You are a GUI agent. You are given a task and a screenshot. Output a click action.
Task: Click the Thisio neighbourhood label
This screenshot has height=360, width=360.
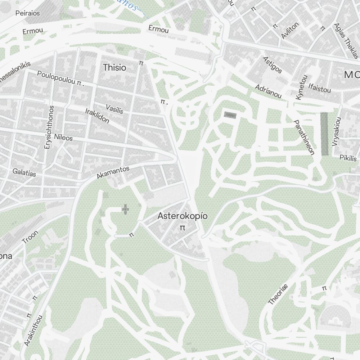point(114,67)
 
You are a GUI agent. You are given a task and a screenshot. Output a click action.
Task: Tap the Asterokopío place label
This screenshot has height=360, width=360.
point(183,216)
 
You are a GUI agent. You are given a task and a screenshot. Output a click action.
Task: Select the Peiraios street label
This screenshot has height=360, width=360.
point(28,13)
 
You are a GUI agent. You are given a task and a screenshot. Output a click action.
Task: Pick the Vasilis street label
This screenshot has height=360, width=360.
point(114,109)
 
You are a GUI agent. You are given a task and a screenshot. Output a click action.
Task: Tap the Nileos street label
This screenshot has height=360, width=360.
point(63,138)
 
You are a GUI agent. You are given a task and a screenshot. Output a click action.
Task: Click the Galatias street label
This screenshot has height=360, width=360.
point(24,172)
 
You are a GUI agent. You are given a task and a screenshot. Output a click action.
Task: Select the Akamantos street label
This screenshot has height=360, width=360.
point(113,173)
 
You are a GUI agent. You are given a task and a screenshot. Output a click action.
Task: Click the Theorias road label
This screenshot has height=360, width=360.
point(278,294)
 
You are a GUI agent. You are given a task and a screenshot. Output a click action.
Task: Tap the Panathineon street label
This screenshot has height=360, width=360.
point(304,138)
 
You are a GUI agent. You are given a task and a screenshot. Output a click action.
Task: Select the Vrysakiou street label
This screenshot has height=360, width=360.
point(336,131)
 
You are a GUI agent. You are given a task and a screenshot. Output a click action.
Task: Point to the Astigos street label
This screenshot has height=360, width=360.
point(273,64)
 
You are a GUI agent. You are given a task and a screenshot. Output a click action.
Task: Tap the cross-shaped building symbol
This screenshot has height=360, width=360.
point(125,209)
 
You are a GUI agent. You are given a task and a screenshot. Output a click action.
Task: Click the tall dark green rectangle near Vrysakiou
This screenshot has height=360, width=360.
point(325,134)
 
